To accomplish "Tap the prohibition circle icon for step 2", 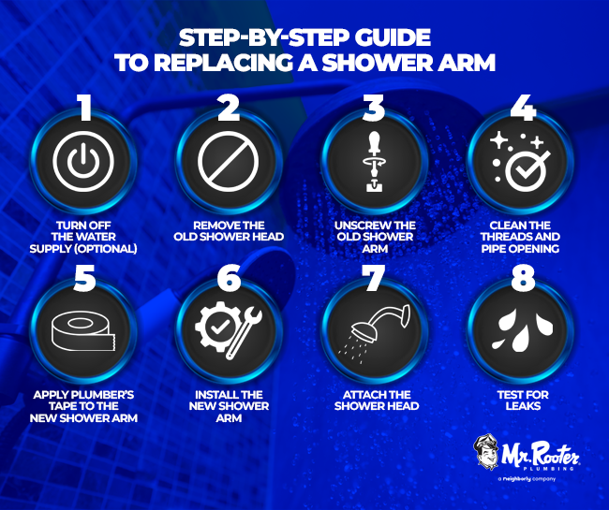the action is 228,161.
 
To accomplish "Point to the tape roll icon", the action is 83,331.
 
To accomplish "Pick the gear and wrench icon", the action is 229,330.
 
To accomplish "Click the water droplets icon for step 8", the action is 522,330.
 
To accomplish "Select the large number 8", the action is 523,277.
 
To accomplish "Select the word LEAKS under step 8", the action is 523,406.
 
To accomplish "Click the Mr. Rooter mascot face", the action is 486,452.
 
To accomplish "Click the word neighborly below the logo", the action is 516,479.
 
